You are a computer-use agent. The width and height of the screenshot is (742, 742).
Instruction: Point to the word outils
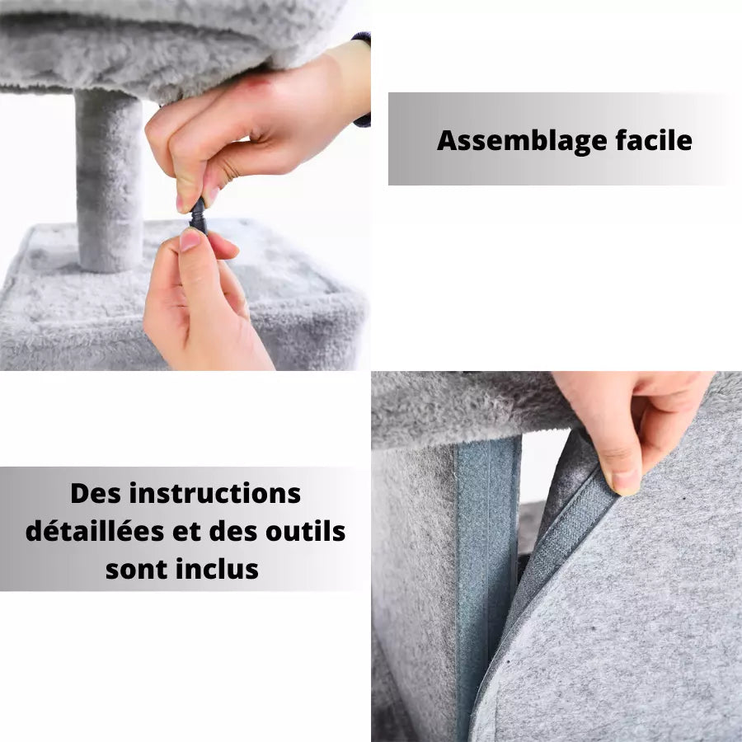pyautogui.click(x=304, y=531)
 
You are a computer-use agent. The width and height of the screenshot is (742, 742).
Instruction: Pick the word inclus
pyautogui.click(x=218, y=568)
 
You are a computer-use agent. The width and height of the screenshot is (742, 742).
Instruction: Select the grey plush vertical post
pyautogui.click(x=110, y=181)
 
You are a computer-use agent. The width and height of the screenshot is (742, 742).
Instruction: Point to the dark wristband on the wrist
pyautogui.click(x=363, y=78)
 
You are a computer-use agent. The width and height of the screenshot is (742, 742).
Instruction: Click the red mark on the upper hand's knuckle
pyautogui.click(x=256, y=82)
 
